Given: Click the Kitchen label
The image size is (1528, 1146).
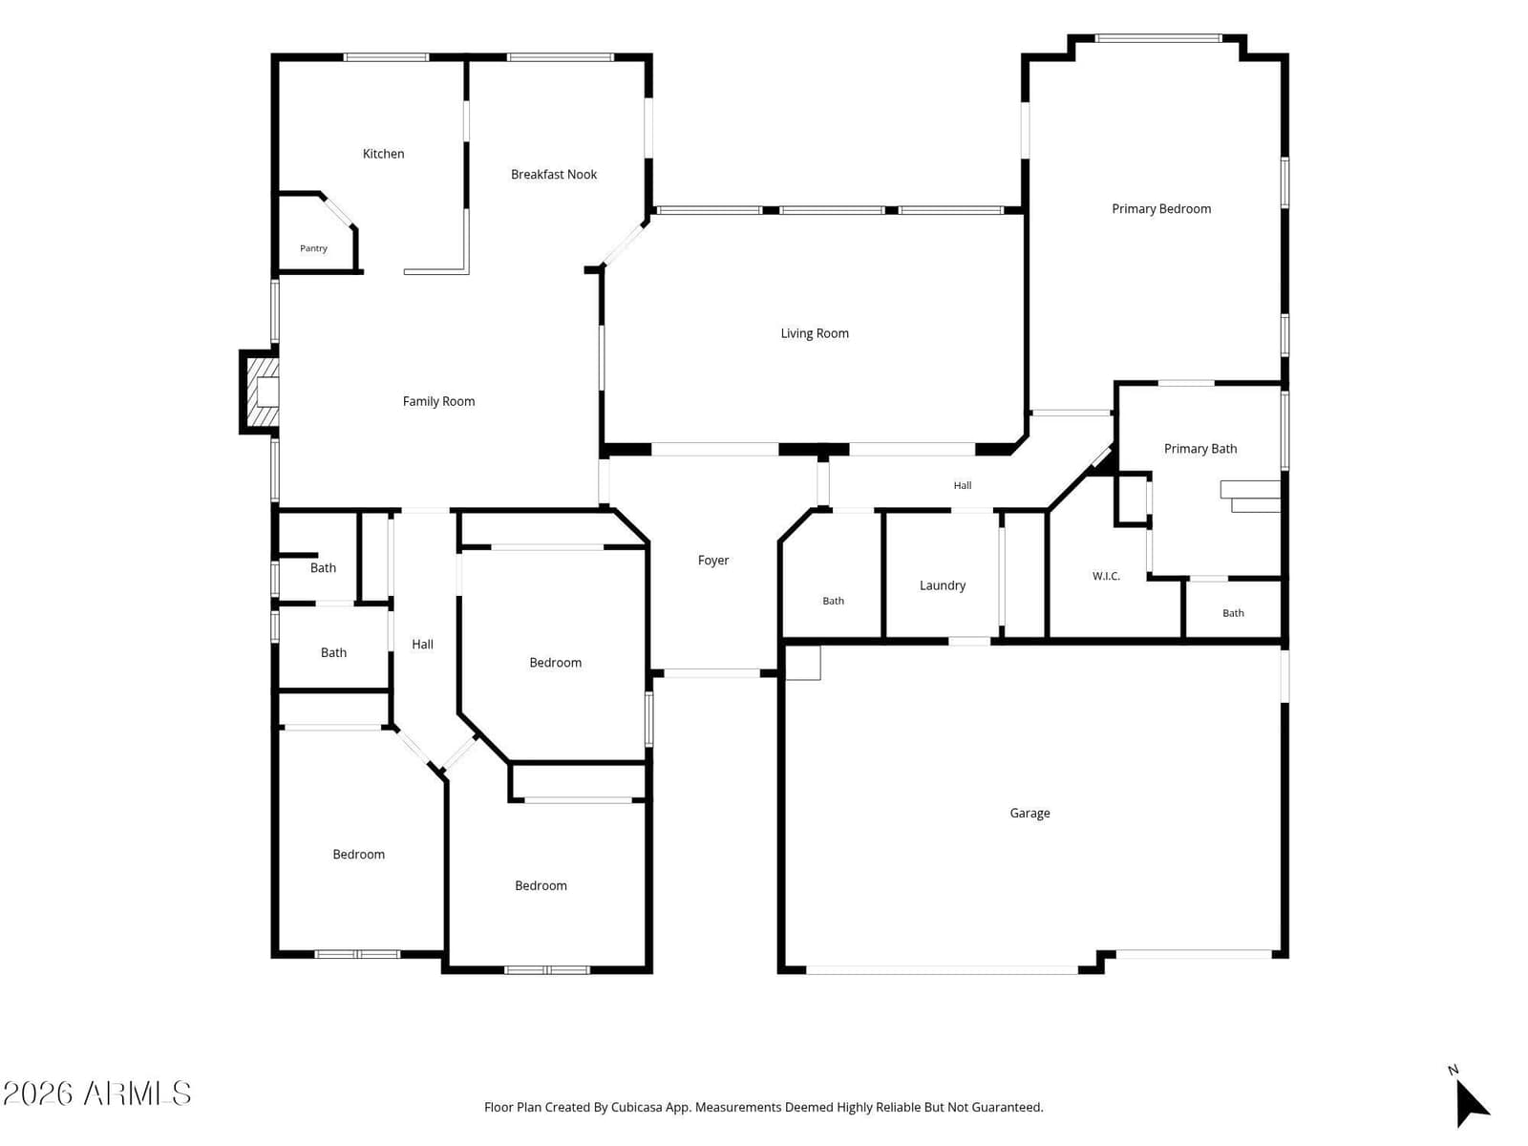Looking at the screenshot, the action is (383, 154).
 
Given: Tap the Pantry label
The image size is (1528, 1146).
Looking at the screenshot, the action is (313, 248).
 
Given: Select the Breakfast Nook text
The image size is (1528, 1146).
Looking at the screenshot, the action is (553, 175).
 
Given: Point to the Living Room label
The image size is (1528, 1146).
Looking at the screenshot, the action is (815, 333).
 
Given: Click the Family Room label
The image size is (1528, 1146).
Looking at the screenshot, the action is (438, 401).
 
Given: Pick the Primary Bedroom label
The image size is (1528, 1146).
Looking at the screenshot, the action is (1161, 209).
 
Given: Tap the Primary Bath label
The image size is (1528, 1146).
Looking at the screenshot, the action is (1200, 449).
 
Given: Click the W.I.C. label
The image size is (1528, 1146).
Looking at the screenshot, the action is (1106, 576).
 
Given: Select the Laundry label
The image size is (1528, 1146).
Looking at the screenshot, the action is (942, 585).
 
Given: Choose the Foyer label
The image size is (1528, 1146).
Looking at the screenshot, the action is (712, 561).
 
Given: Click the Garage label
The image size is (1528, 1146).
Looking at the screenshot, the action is (1029, 813).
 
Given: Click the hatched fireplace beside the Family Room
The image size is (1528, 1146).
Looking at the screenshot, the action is (261, 393).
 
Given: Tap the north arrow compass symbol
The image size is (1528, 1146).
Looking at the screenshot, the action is (1472, 1101).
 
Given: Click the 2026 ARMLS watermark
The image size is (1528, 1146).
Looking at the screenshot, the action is (96, 1093).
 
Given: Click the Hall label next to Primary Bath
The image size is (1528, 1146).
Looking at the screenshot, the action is (962, 486).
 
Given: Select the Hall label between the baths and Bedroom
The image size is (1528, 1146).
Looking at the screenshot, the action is (422, 645).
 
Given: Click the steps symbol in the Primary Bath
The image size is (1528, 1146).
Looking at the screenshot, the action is (1250, 497).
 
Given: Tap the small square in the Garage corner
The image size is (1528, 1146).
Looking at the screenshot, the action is (802, 663).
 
